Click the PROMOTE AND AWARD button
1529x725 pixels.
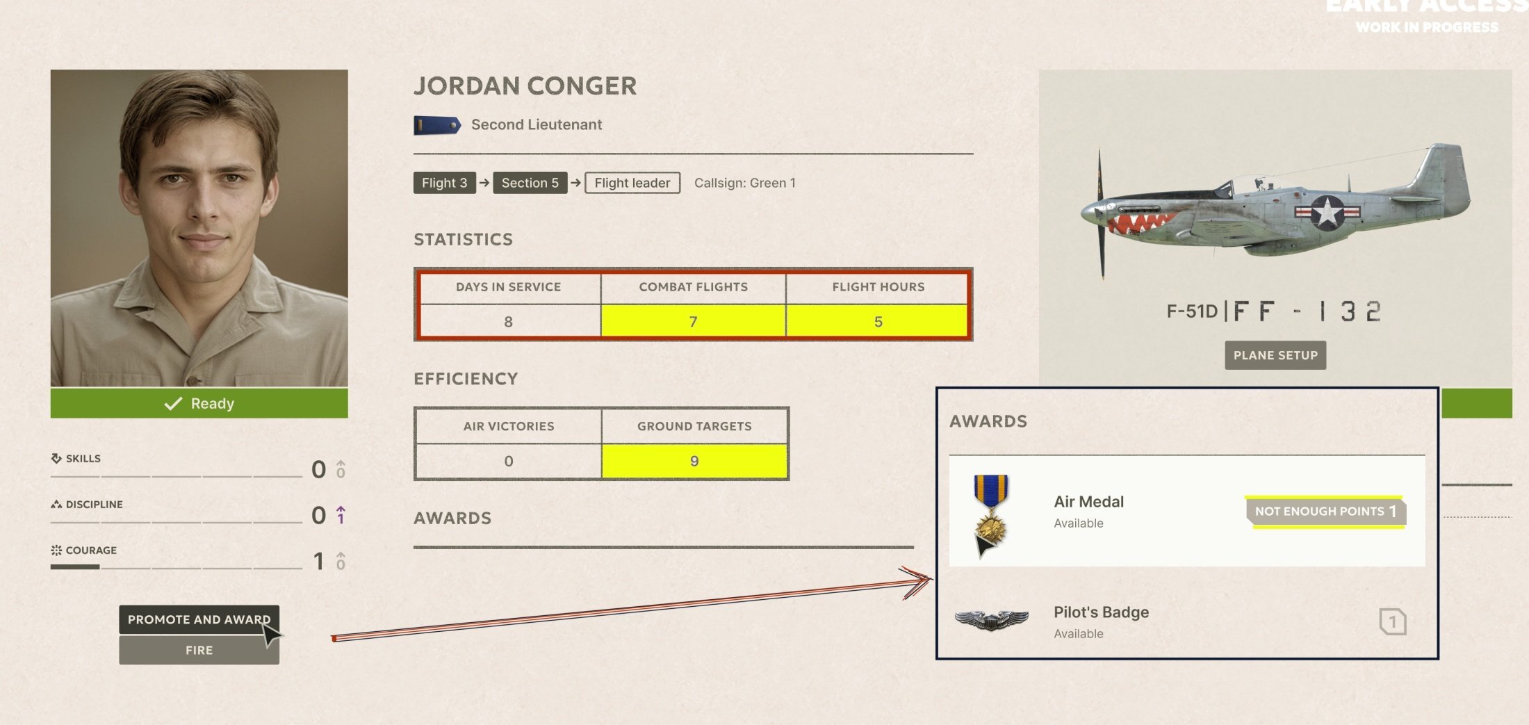click(199, 619)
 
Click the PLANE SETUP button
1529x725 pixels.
click(1275, 355)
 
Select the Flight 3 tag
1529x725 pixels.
click(444, 183)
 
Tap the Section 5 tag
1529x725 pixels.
click(530, 183)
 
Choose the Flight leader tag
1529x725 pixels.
click(632, 183)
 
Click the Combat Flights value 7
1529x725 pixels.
click(693, 322)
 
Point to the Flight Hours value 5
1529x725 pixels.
click(878, 322)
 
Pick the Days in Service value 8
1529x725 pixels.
click(509, 322)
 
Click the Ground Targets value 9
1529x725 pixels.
click(694, 461)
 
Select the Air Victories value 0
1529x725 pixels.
click(509, 461)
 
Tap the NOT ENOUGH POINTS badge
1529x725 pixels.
click(1325, 511)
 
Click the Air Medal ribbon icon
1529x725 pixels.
click(990, 515)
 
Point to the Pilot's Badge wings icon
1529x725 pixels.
click(991, 619)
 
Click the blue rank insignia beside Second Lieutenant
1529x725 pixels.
click(437, 125)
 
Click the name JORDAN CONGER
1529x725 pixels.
click(525, 86)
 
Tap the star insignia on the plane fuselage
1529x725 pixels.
click(1327, 213)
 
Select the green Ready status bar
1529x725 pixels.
click(199, 403)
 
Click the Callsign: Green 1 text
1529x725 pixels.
click(745, 183)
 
